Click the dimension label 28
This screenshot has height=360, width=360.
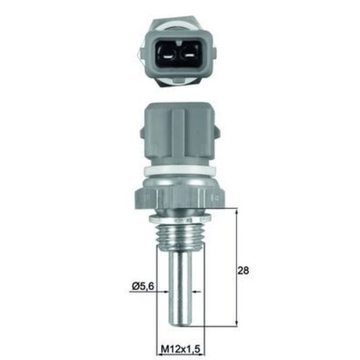click(243, 270)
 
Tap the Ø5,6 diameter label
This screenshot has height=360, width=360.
click(143, 286)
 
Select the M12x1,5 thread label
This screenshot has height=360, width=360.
click(181, 350)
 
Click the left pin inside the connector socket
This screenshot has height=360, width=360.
click(168, 56)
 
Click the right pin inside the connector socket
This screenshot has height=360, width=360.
click(190, 56)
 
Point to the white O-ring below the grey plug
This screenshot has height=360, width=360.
click(179, 170)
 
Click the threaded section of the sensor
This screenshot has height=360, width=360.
click(180, 234)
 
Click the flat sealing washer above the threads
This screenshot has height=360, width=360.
click(180, 219)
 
